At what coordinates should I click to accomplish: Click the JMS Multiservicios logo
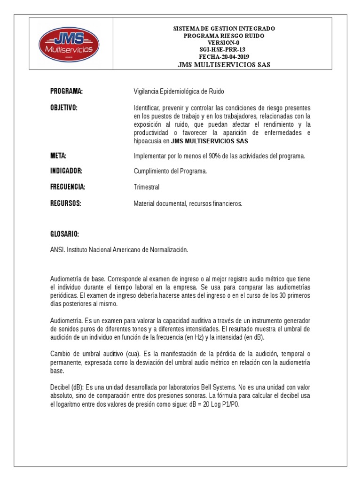pyautogui.click(x=69, y=44)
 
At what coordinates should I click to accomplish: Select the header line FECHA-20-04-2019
pyautogui.click(x=224, y=57)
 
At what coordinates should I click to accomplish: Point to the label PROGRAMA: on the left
pyautogui.click(x=67, y=91)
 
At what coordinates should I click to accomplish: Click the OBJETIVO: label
pyautogui.click(x=64, y=108)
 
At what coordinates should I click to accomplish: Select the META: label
pyautogui.click(x=58, y=156)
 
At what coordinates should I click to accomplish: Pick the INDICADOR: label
pyautogui.click(x=66, y=171)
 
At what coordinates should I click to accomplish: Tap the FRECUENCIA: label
pyautogui.click(x=68, y=187)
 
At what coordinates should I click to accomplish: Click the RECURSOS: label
pyautogui.click(x=66, y=203)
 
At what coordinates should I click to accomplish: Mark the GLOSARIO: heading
pyautogui.click(x=64, y=234)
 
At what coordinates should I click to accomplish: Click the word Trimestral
pyautogui.click(x=147, y=187)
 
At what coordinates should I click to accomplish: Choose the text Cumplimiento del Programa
pyautogui.click(x=170, y=171)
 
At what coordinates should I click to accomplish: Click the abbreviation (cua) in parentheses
pyautogui.click(x=134, y=353)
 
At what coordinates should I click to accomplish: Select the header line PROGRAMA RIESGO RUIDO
pyautogui.click(x=224, y=36)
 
